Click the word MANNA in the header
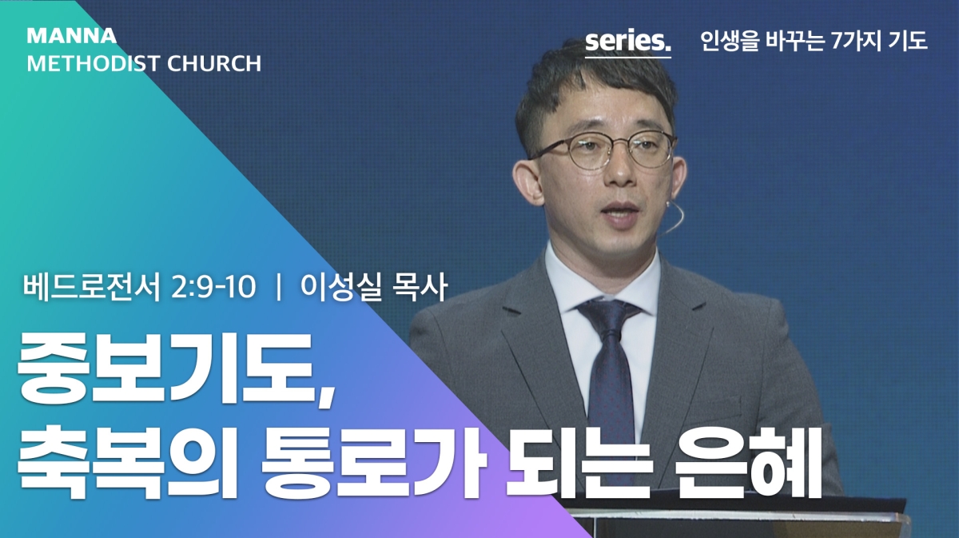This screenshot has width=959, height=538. [71, 36]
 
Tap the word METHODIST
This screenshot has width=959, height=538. [93, 63]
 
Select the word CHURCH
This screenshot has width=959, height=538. [214, 63]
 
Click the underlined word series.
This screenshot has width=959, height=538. [627, 42]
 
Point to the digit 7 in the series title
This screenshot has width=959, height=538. [838, 41]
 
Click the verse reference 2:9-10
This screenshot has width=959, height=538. [213, 286]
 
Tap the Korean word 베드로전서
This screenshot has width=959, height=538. [92, 286]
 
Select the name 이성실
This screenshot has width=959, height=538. [340, 286]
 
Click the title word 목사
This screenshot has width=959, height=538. [420, 286]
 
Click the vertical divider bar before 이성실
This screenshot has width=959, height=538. [279, 286]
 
